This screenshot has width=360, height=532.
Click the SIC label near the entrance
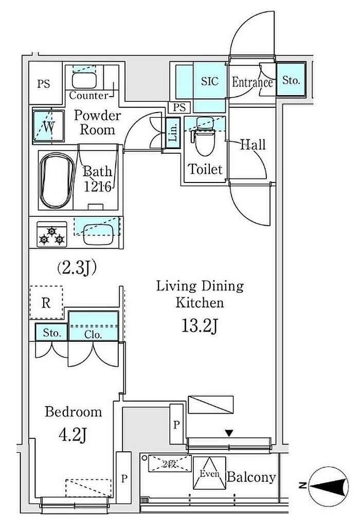click(x=210, y=81)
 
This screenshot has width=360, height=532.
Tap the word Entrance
click(x=251, y=82)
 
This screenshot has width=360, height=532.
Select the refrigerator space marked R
click(x=46, y=302)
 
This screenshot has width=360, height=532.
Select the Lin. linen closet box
click(x=173, y=134)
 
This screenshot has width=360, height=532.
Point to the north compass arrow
click(x=324, y=484)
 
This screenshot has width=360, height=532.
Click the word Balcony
click(x=251, y=477)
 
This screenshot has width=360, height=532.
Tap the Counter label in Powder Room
click(x=88, y=96)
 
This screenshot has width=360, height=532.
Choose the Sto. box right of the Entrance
click(x=292, y=80)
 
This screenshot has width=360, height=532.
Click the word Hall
click(x=253, y=145)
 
